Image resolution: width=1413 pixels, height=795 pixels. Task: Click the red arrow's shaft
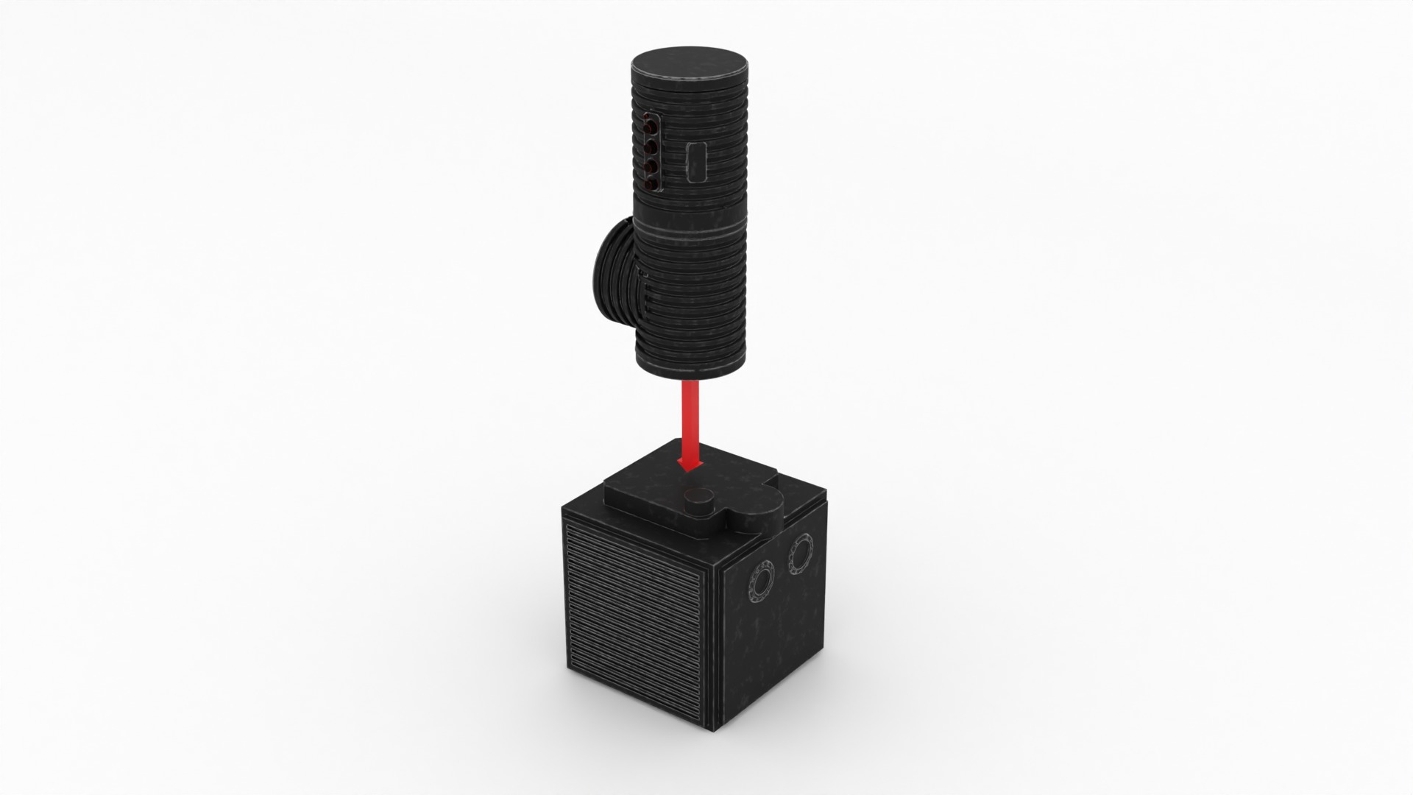[690, 420]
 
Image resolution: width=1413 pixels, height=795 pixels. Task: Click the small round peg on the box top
[698, 502]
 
